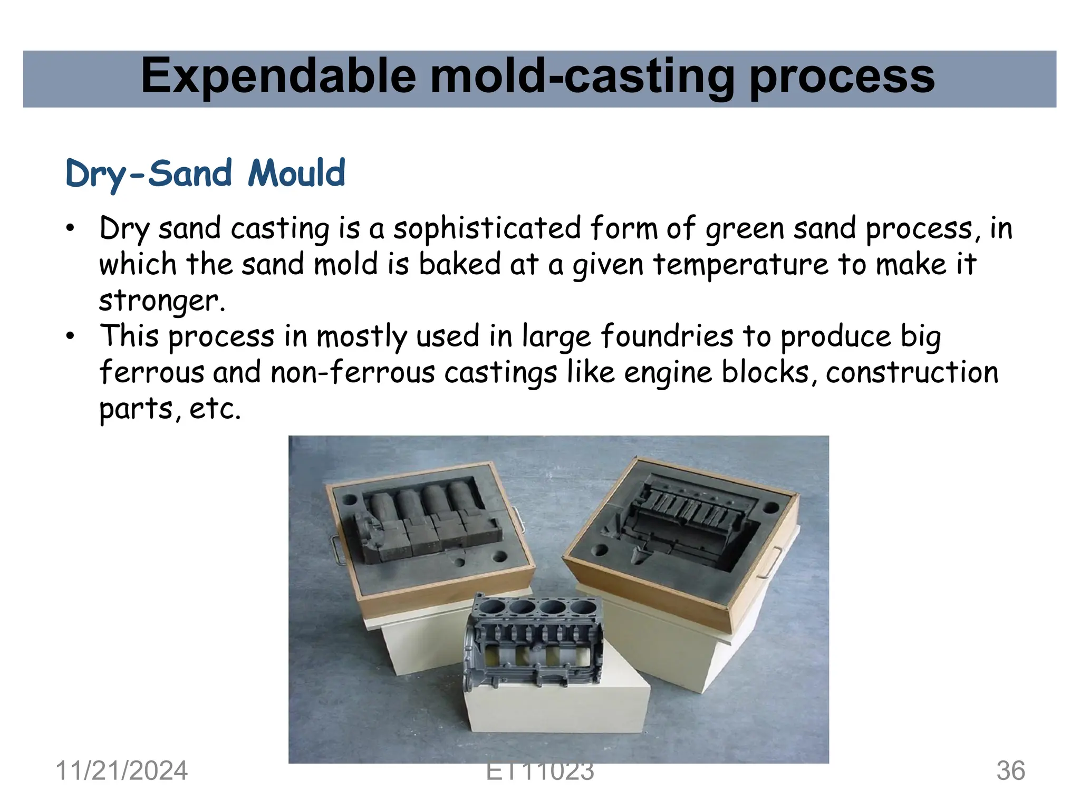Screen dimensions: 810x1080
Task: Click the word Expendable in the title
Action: click(x=278, y=77)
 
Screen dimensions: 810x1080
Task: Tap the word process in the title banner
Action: click(x=842, y=77)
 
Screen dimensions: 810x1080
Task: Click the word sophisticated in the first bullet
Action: click(x=487, y=229)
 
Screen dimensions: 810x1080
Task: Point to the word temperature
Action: click(x=741, y=264)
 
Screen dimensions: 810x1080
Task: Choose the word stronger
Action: click(x=161, y=301)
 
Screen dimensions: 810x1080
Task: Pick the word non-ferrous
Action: click(x=353, y=372)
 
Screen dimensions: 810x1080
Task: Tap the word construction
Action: click(x=912, y=372)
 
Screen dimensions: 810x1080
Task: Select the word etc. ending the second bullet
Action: click(x=215, y=409)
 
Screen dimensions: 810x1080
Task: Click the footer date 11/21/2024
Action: click(x=121, y=770)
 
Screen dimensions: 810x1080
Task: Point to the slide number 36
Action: click(x=1010, y=770)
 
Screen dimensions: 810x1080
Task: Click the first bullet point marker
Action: click(x=70, y=229)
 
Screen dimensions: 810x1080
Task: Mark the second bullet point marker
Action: click(x=70, y=336)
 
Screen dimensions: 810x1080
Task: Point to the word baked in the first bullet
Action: click(x=459, y=264)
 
